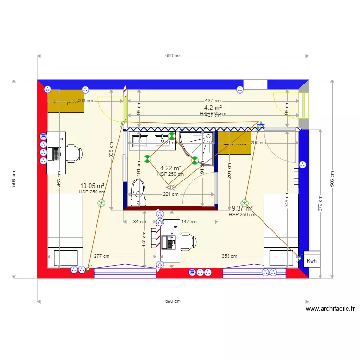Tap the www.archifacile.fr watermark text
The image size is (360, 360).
pyautogui.click(x=330, y=309)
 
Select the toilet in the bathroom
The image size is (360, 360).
pyautogui.click(x=138, y=192)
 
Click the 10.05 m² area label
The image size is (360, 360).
pyautogui.click(x=92, y=186)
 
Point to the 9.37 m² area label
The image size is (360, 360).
pyautogui.click(x=242, y=209)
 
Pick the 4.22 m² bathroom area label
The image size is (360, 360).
pyautogui.click(x=170, y=168)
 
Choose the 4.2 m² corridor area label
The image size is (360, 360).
pyautogui.click(x=213, y=108)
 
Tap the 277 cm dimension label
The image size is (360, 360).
pyautogui.click(x=101, y=256)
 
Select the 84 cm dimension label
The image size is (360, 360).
pyautogui.click(x=140, y=222)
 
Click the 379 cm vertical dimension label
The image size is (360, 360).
pyautogui.click(x=320, y=203)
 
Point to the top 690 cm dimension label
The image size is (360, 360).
pyautogui.click(x=173, y=56)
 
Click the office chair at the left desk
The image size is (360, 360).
pyautogui.click(x=73, y=154)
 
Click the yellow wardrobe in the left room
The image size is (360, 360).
pyautogui.click(x=66, y=101)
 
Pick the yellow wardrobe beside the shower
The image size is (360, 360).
pyautogui.click(x=235, y=143)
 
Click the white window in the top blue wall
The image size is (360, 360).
pyautogui.click(x=255, y=84)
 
